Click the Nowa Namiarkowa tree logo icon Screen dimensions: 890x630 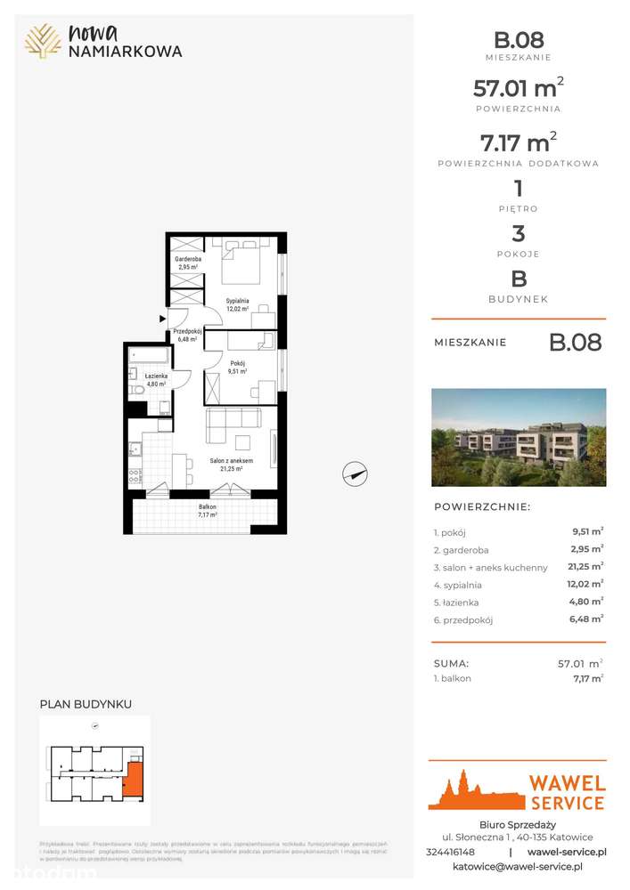pyautogui.click(x=43, y=41)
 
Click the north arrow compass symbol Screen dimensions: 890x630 pyautogui.click(x=356, y=474)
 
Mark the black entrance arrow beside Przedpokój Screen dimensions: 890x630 pyautogui.click(x=162, y=318)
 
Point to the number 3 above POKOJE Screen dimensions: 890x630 pyautogui.click(x=518, y=234)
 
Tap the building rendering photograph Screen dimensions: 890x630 pyautogui.click(x=519, y=437)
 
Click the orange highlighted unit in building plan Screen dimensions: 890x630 pyautogui.click(x=133, y=779)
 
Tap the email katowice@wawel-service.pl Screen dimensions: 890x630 pyautogui.click(x=518, y=866)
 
